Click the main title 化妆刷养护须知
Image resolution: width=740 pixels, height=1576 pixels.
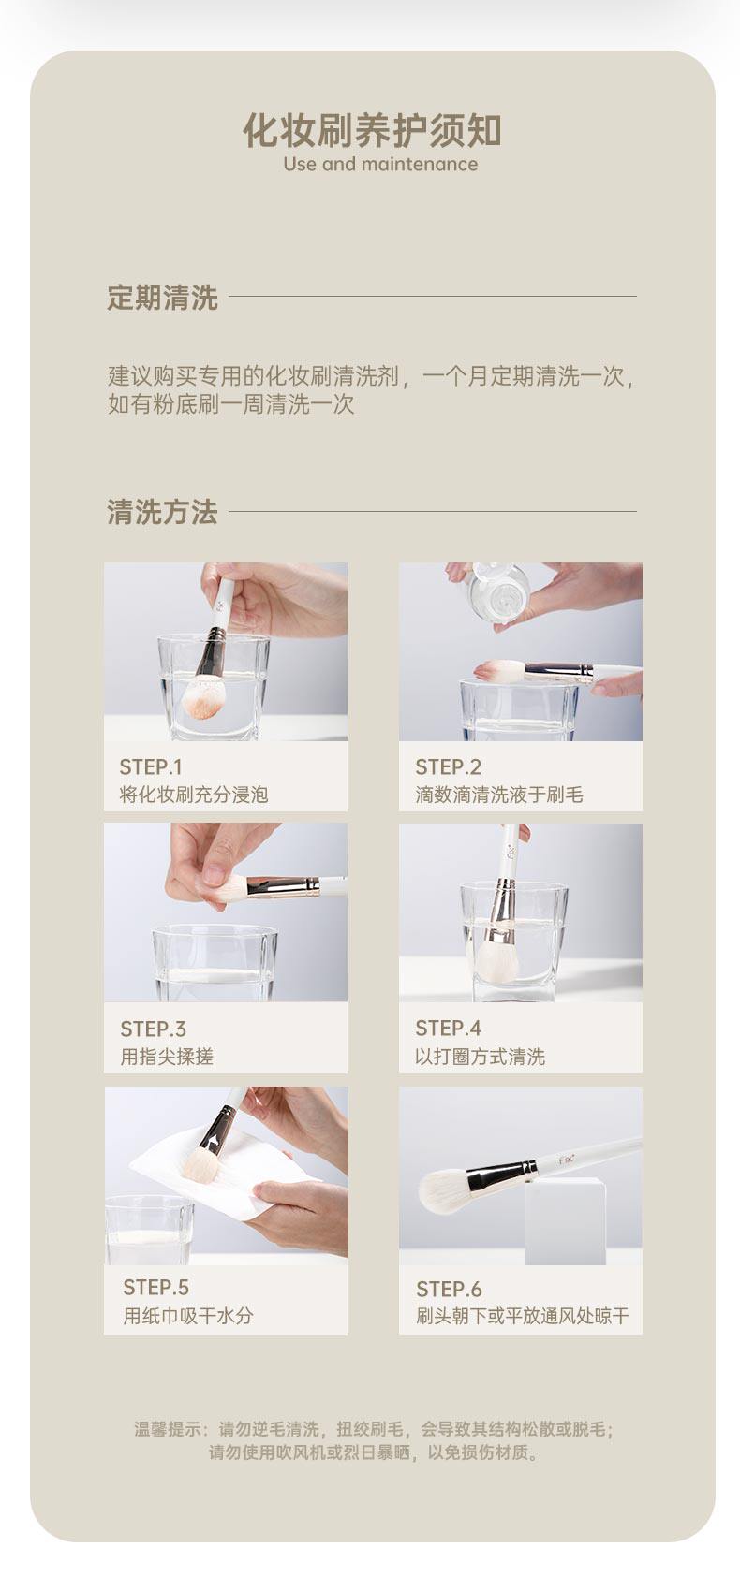click(372, 131)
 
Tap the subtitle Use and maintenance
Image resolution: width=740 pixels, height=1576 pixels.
click(380, 165)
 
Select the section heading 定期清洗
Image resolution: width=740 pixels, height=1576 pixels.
click(162, 298)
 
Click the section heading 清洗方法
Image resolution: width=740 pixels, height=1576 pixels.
click(162, 512)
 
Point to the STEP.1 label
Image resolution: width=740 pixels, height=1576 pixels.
click(151, 766)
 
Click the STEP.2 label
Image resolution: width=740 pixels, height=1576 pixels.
click(449, 766)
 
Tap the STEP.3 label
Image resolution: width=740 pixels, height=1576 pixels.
click(153, 1029)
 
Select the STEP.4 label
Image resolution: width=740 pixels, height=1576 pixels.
click(449, 1028)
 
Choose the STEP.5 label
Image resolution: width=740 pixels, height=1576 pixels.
click(155, 1288)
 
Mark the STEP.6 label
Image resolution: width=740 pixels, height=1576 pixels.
click(450, 1289)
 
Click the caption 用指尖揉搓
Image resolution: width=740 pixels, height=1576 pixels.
click(166, 1056)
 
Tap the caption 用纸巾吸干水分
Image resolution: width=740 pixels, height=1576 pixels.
click(187, 1316)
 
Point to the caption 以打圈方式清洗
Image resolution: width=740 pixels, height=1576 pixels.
click(481, 1056)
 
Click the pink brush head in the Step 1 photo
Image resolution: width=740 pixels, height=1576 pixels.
click(202, 695)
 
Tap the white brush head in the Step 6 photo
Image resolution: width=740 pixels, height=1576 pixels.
click(444, 1191)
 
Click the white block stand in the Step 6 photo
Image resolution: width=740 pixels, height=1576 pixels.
click(566, 1221)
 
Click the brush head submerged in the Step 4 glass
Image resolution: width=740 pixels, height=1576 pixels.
click(496, 956)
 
